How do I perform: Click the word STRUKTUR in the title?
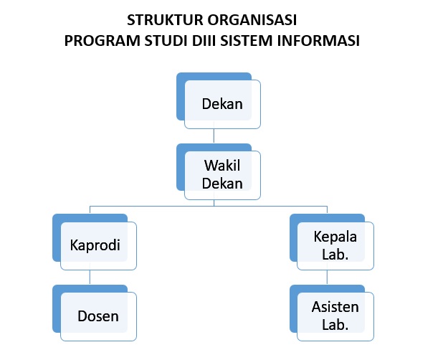[x=165, y=20]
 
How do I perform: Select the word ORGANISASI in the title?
[x=252, y=20]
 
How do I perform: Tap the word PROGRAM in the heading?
[x=103, y=41]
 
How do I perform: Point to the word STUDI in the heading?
[x=166, y=41]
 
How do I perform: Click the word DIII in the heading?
[x=204, y=41]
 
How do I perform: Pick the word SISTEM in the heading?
[x=247, y=41]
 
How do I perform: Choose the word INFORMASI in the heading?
[x=318, y=41]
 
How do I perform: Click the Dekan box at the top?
[x=219, y=100]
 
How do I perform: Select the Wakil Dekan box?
[x=219, y=171]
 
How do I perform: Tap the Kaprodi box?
[x=95, y=242]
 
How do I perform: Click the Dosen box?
[x=95, y=313]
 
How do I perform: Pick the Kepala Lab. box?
[x=332, y=242]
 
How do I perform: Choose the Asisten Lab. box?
[x=332, y=313]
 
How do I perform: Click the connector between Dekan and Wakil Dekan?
[x=214, y=136]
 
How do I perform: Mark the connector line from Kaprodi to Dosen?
[x=90, y=278]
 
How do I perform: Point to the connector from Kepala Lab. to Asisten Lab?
[x=327, y=278]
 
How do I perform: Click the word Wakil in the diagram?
[x=222, y=166]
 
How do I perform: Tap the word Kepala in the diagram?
[x=335, y=237]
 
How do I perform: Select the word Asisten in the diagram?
[x=335, y=307]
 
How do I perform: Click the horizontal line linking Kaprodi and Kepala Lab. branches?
[x=209, y=207]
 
